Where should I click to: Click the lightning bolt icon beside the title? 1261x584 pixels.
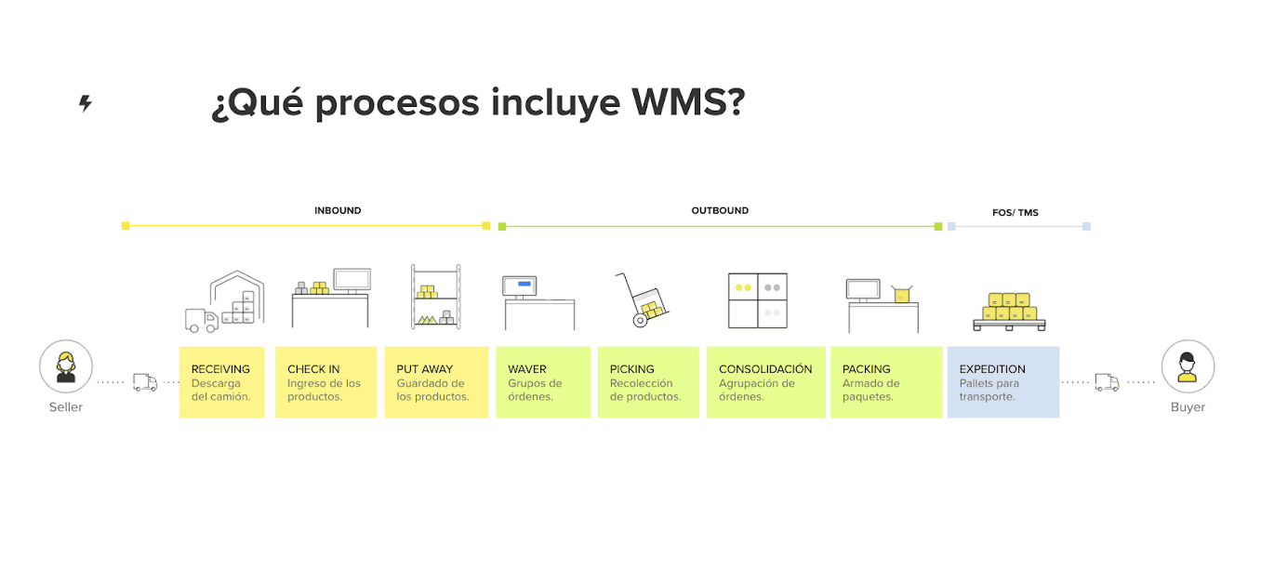click(x=86, y=103)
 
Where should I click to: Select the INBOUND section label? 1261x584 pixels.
click(x=338, y=211)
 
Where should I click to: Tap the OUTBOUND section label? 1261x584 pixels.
click(x=720, y=211)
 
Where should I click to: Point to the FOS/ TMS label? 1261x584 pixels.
click(x=1015, y=213)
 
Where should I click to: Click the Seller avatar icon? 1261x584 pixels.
click(x=66, y=366)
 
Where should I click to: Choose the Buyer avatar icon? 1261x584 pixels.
click(x=1188, y=366)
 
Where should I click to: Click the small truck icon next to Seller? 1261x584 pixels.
click(x=145, y=381)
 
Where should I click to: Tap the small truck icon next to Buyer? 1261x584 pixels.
click(x=1107, y=381)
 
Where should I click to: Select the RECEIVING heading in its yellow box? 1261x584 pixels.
click(x=220, y=369)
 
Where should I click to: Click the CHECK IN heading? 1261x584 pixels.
click(x=313, y=369)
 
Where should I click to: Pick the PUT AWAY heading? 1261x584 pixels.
click(x=424, y=369)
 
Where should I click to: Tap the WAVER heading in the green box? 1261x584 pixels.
click(x=527, y=369)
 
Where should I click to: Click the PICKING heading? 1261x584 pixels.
click(x=632, y=369)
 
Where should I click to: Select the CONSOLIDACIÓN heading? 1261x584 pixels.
click(x=765, y=369)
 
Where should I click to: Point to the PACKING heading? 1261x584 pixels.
click(x=867, y=369)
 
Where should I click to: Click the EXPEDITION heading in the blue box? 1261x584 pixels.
click(x=992, y=369)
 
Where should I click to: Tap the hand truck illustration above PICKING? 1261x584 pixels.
click(x=643, y=299)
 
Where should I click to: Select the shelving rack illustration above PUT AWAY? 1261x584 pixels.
click(x=435, y=297)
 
